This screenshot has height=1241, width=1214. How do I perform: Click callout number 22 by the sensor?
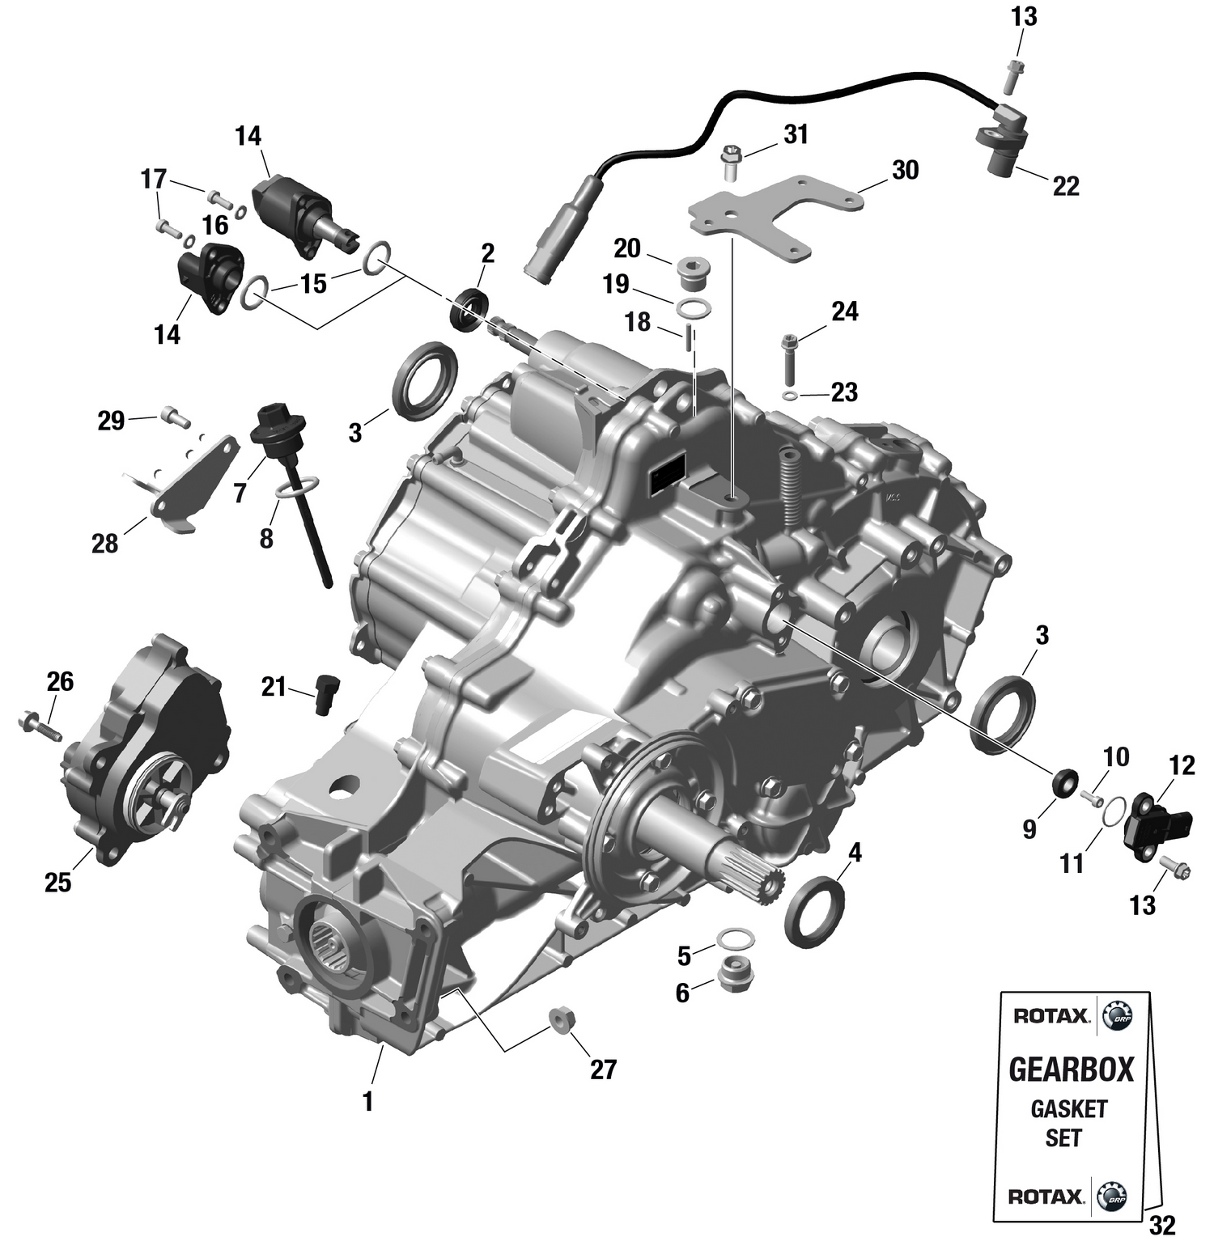coord(1066,186)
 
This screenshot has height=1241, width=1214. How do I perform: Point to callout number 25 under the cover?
coord(57,883)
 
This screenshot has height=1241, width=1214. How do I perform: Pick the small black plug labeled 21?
coord(326,693)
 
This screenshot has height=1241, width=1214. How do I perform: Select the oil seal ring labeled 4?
coord(815,910)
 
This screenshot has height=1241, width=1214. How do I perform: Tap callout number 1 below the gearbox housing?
coord(367,1101)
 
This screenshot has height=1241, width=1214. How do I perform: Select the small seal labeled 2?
coord(469,308)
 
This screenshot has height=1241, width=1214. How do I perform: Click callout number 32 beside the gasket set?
coord(1161,1226)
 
